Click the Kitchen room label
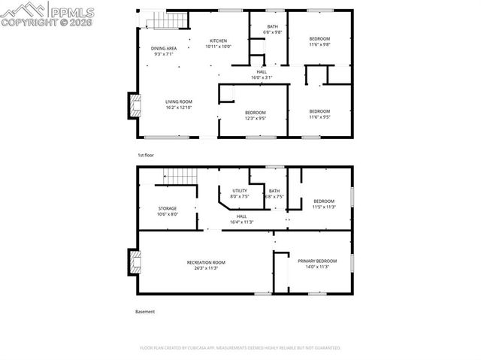pyautogui.click(x=218, y=41)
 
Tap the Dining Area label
pyautogui.click(x=164, y=49)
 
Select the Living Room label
pyautogui.click(x=179, y=101)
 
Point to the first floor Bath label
pyautogui.click(x=272, y=27)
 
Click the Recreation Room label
pyautogui.click(x=206, y=262)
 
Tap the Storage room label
pyautogui.click(x=167, y=208)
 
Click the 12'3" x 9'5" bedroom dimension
pyautogui.click(x=256, y=118)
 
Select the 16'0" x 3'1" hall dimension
pyautogui.click(x=262, y=77)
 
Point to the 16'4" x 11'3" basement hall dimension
pyautogui.click(x=241, y=222)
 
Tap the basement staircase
pyautogui.click(x=180, y=177)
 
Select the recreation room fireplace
pyautogui.click(x=135, y=262)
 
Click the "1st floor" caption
pyautogui.click(x=145, y=155)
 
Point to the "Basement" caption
pyautogui.click(x=144, y=311)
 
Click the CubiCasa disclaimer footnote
pyautogui.click(x=240, y=348)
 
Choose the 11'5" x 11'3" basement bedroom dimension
pyautogui.click(x=324, y=207)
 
